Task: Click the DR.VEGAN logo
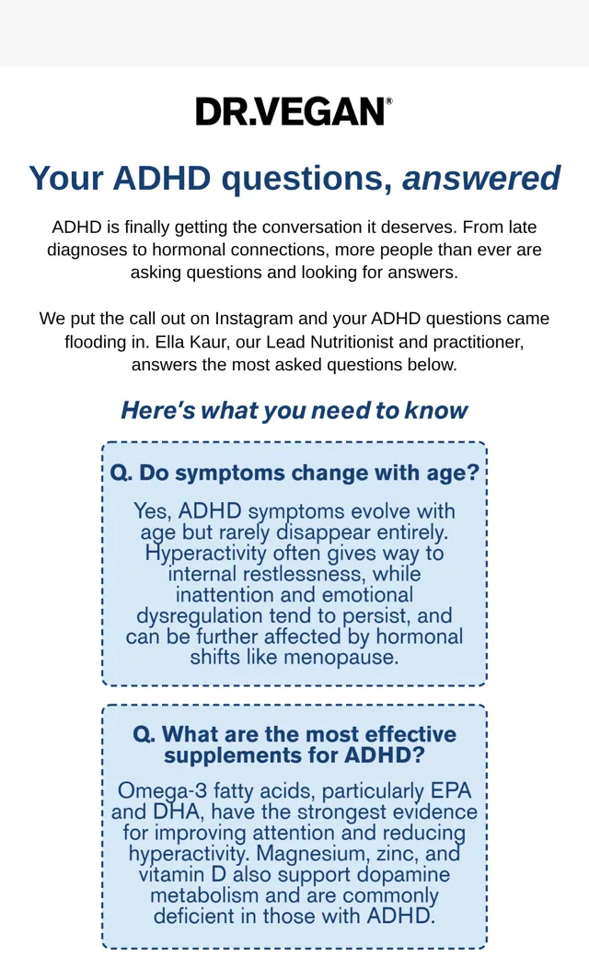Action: pyautogui.click(x=294, y=111)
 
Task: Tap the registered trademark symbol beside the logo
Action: pyautogui.click(x=388, y=100)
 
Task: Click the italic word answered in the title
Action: pyautogui.click(x=481, y=178)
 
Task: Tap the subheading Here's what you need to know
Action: pyautogui.click(x=294, y=410)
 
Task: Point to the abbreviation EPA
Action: pyautogui.click(x=451, y=790)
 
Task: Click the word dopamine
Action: pyautogui.click(x=403, y=874)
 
